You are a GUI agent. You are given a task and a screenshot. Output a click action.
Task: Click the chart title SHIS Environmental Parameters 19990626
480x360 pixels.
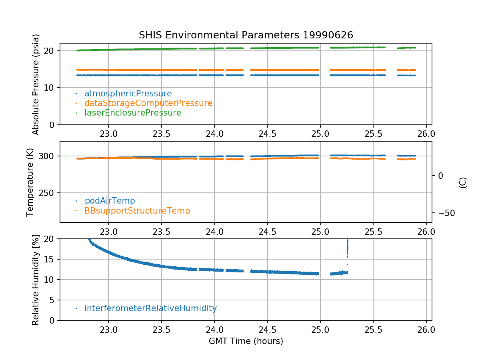click(x=246, y=35)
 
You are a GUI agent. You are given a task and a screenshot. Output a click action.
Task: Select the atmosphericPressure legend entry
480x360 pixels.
click(x=128, y=94)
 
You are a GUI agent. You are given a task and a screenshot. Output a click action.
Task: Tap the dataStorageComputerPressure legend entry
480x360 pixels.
click(x=148, y=103)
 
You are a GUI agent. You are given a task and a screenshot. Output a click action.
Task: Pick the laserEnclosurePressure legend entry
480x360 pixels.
click(x=133, y=113)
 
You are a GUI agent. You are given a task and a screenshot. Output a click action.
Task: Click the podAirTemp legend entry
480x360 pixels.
click(x=110, y=201)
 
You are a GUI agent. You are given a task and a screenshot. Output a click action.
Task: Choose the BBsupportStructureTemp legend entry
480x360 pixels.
click(x=137, y=210)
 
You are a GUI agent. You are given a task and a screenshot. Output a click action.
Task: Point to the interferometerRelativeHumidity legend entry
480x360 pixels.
click(x=150, y=308)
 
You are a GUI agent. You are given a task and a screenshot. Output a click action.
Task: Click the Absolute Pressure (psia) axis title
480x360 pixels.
click(x=36, y=84)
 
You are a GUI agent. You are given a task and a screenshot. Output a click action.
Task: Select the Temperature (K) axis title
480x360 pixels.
click(x=30, y=182)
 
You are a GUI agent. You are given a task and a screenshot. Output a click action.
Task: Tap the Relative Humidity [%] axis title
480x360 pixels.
click(x=36, y=280)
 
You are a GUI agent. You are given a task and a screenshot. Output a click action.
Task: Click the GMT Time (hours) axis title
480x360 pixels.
click(x=246, y=341)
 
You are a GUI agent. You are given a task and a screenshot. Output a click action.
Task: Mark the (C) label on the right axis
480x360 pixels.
click(x=463, y=182)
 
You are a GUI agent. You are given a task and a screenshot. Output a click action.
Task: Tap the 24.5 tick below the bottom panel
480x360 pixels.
click(x=267, y=330)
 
